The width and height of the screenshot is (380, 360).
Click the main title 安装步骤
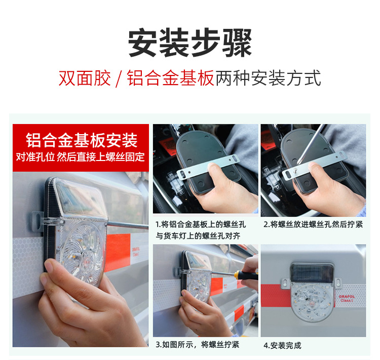190,43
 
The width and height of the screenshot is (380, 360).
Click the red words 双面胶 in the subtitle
85,78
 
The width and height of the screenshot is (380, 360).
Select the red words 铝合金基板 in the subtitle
170,78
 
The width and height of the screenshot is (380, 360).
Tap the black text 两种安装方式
268,78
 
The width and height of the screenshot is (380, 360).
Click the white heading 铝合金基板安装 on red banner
82,140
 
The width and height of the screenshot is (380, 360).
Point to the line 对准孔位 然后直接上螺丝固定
81,157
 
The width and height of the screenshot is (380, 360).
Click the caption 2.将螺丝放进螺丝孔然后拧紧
313,225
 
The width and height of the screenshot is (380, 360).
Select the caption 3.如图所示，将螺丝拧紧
197,344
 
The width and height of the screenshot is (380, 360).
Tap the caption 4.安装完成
282,345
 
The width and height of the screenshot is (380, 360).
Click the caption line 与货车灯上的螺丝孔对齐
198,235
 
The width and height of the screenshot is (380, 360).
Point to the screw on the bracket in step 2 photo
296,171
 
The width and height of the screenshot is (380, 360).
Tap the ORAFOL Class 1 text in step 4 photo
347,298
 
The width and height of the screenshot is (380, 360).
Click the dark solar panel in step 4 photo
312,272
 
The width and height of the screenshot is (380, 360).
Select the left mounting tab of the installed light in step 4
285,283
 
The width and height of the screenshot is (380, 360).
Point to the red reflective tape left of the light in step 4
276,295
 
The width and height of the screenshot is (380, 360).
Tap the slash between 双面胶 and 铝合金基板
119,78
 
